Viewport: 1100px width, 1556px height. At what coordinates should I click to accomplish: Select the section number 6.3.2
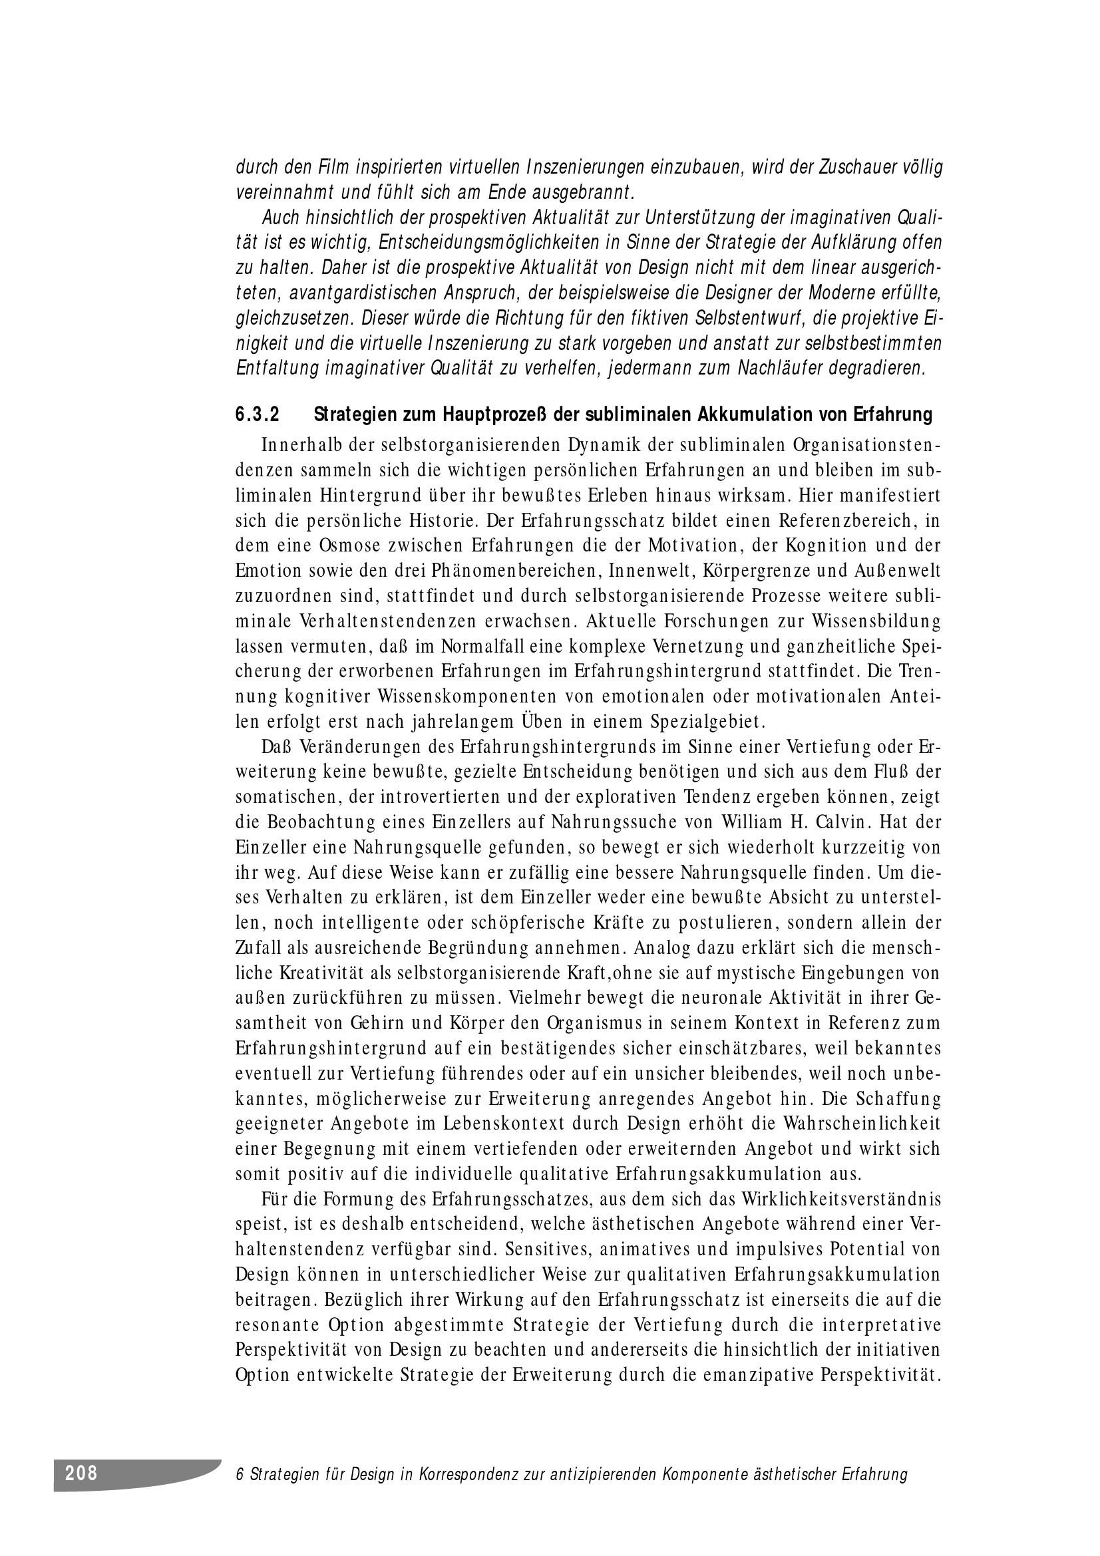[258, 414]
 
